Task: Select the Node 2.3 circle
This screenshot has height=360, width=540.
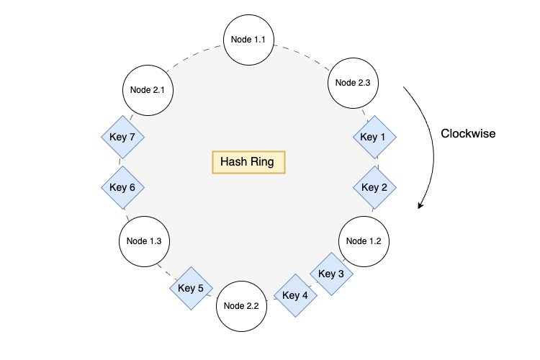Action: coord(353,83)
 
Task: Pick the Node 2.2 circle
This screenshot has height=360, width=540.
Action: coord(241,305)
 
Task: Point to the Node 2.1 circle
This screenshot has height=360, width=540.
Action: coord(148,90)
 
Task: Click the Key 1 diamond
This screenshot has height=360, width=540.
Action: coord(373,137)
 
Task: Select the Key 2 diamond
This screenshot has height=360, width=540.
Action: coord(374,187)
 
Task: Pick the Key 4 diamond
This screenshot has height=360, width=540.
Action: coord(295,295)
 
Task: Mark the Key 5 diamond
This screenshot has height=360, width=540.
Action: coord(191,288)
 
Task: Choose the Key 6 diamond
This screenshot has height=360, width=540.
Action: coord(122,187)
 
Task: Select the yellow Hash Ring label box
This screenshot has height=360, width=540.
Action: coord(248,162)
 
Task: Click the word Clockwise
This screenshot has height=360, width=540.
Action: coord(468,133)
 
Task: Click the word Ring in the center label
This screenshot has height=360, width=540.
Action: coord(263,162)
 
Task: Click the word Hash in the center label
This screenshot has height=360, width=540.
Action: coord(234,162)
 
